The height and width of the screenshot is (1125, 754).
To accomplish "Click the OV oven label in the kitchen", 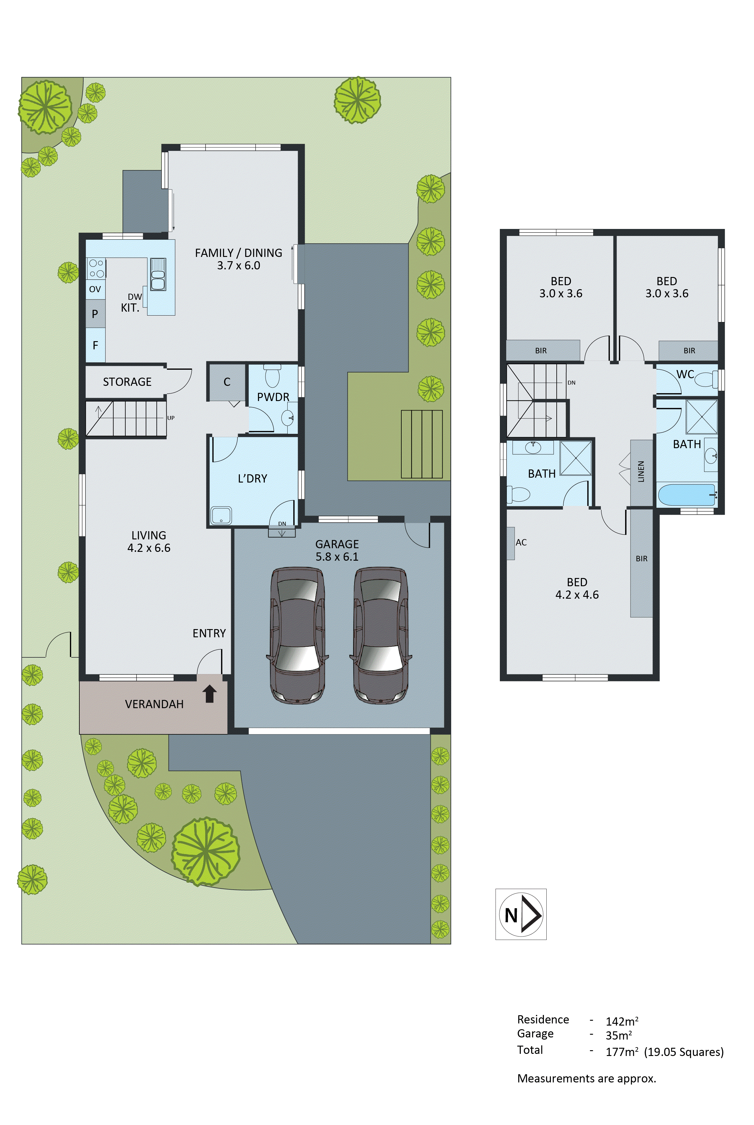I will point(95,289).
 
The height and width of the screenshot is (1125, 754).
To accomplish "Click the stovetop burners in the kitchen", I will point(96,268).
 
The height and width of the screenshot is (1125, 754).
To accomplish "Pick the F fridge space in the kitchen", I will point(95,345).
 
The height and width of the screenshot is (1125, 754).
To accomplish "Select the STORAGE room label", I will point(127,382).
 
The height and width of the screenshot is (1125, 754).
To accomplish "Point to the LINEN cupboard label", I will point(641,472).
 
